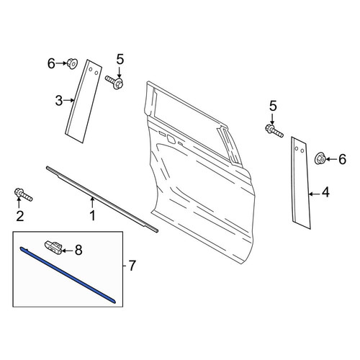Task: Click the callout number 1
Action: [92, 215]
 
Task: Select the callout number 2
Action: [20, 216]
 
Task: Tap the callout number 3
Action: [59, 101]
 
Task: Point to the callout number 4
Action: [325, 193]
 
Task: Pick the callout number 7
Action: [132, 266]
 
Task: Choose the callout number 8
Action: [78, 250]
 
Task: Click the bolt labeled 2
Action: [23, 195]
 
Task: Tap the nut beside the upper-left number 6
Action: [72, 63]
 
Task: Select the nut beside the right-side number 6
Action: [320, 158]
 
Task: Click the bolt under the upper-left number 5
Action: [114, 81]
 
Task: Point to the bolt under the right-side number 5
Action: [274, 131]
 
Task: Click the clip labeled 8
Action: [54, 248]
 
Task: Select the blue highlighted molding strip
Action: [67, 275]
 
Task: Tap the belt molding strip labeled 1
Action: [102, 199]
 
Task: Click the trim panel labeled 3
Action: [84, 101]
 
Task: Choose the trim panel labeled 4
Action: [301, 183]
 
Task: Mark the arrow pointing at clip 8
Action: [67, 251]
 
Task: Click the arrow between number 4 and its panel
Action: [314, 194]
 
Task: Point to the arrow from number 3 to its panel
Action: [68, 101]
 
